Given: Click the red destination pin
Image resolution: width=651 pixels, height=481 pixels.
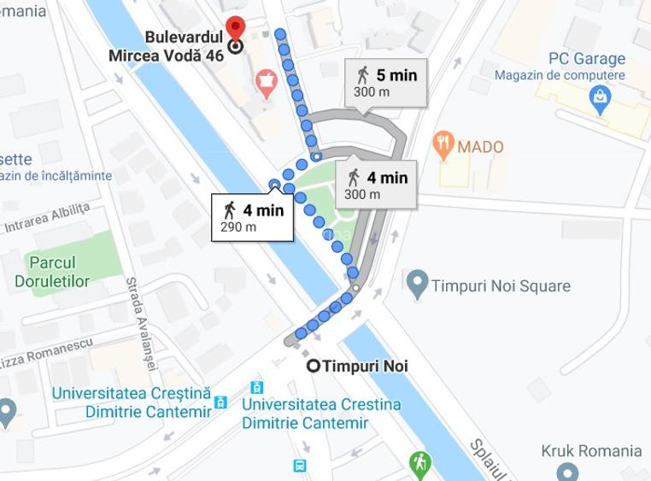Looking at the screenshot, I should click(x=235, y=27).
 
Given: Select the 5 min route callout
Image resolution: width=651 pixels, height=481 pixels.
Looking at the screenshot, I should click(x=386, y=82).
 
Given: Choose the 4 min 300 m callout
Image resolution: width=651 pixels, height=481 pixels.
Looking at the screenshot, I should click(x=377, y=185).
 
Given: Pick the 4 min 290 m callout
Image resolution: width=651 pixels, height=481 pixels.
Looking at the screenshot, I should click(x=252, y=218).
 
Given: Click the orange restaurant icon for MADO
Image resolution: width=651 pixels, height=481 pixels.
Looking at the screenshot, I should click(x=443, y=145).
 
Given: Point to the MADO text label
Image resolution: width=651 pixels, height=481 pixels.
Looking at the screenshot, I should click(x=480, y=147).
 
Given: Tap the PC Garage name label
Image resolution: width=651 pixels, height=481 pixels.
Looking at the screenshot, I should click(x=586, y=59).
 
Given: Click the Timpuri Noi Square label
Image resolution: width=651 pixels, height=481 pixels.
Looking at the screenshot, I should click(x=500, y=285).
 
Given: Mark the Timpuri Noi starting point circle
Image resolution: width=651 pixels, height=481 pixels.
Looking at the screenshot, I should click(x=314, y=366).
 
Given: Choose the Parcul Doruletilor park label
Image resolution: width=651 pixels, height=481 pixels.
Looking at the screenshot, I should click(x=52, y=272).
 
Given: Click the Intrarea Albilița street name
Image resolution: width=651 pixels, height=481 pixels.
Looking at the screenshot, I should click(x=47, y=219).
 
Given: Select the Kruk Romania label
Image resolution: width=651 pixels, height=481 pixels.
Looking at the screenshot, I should click(x=591, y=451).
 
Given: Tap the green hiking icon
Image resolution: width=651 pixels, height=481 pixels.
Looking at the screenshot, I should click(x=419, y=463).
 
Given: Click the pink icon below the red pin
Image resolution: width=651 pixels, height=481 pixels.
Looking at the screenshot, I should click(x=267, y=84).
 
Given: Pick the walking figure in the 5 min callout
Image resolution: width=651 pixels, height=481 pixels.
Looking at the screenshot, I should click(x=364, y=75).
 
